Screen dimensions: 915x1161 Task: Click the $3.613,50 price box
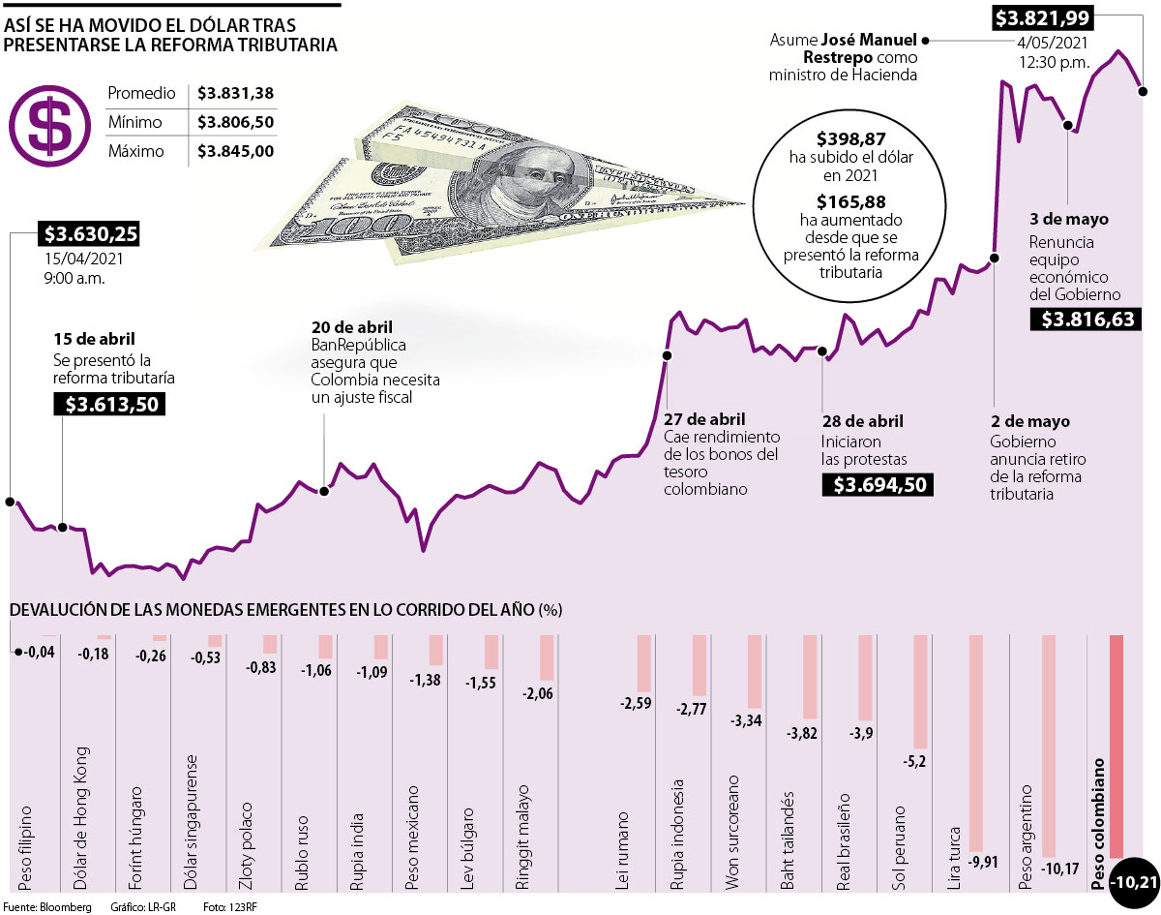(109, 404)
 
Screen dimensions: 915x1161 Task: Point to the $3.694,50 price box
(878, 484)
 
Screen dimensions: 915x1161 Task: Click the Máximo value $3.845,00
(235, 152)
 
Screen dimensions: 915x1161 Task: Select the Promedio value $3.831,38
(235, 94)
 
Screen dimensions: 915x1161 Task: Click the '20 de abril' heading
(351, 327)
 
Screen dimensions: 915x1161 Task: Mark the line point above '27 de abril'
(666, 355)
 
